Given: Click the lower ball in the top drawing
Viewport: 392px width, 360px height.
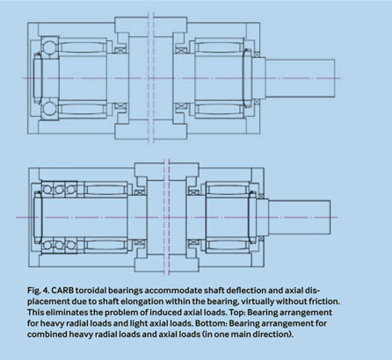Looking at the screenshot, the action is point(49,109).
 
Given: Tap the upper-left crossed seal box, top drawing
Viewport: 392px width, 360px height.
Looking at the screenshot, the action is point(120,50).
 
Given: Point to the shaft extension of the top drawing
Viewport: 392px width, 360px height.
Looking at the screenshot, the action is point(300,78).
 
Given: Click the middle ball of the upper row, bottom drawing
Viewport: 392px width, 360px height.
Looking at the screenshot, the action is point(59,190).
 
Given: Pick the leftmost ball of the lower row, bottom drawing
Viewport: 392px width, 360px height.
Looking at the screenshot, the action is point(47,245).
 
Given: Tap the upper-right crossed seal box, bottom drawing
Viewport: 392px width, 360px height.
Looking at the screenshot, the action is point(193,192).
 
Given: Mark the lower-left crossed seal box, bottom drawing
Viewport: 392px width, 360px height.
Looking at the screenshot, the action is point(140,242).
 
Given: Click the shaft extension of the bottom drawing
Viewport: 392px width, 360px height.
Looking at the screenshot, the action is point(300,218).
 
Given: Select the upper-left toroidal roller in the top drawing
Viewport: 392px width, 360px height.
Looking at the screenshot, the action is point(83,47).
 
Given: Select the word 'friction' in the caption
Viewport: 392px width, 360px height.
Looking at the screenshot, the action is point(324,301).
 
